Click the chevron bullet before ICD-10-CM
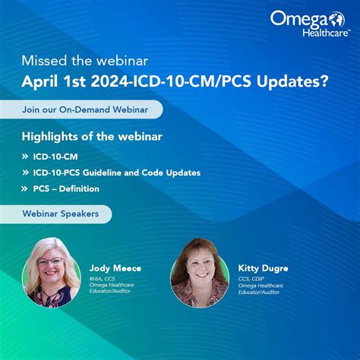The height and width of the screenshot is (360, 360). (x=26, y=156)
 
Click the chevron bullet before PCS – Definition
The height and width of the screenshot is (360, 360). (x=26, y=188)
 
